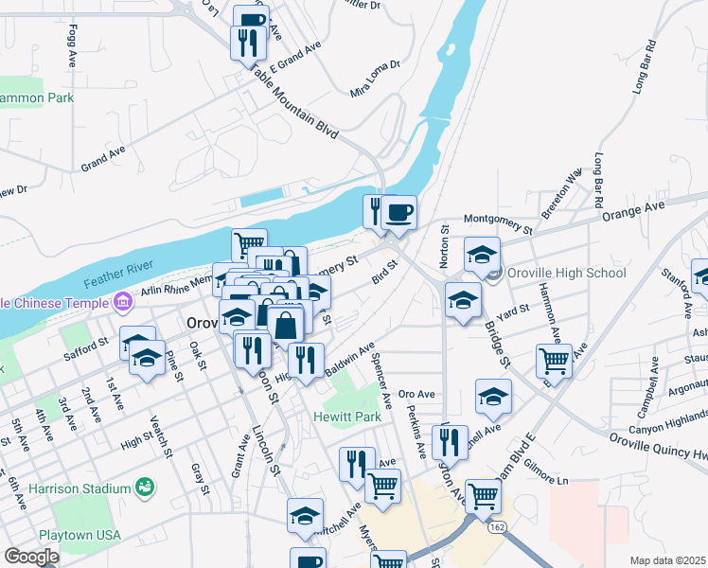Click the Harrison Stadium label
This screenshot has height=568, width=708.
pyautogui.click(x=79, y=488)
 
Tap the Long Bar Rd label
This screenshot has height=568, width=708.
pyautogui.click(x=646, y=67)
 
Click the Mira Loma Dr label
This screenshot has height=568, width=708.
pyautogui.click(x=376, y=80)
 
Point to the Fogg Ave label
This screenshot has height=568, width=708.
pyautogui.click(x=73, y=44)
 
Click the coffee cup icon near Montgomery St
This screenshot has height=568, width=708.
pyautogui.click(x=400, y=211)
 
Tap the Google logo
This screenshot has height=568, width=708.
pyautogui.click(x=31, y=556)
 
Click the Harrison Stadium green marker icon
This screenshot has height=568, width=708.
pyautogui.click(x=144, y=488)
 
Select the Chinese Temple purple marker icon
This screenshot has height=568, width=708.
pyautogui.click(x=123, y=302)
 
